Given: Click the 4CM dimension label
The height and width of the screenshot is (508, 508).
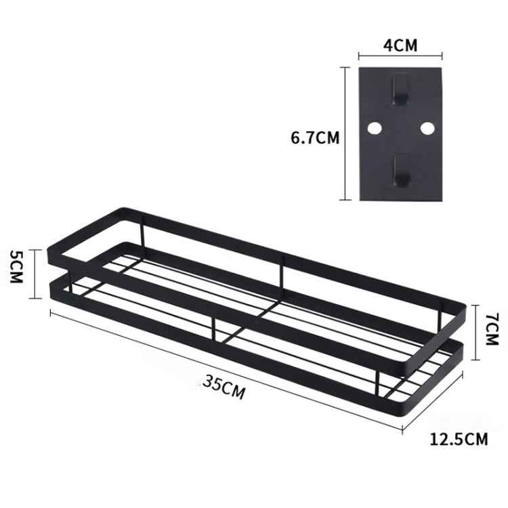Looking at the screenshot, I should [x=400, y=45].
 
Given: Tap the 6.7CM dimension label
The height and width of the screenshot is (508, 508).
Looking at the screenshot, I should [x=314, y=137].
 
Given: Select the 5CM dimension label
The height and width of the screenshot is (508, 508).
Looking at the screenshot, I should [x=17, y=268].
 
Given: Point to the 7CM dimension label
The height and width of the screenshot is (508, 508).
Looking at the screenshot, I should [x=492, y=333].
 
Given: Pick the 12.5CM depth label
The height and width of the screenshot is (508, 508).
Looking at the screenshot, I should [x=459, y=439].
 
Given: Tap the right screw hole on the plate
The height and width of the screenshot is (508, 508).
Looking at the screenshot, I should [x=426, y=127].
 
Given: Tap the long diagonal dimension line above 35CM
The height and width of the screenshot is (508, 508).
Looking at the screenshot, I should [x=224, y=369].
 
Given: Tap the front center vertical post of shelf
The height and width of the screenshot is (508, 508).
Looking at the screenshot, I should [x=214, y=329].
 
